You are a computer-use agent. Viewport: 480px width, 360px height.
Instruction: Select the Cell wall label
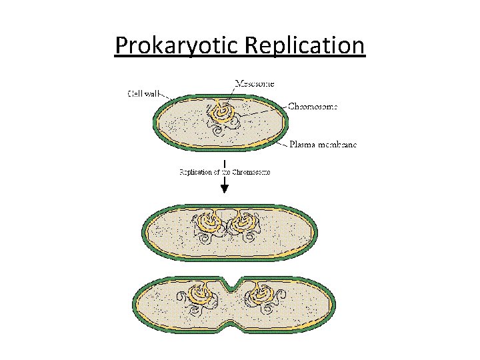pyautogui.click(x=143, y=93)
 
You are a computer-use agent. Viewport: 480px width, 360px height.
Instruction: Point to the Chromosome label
pyautogui.click(x=313, y=106)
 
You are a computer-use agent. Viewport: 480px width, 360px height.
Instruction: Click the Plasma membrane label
pyautogui.click(x=323, y=145)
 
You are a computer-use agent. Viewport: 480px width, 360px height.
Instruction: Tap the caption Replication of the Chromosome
pyautogui.click(x=225, y=172)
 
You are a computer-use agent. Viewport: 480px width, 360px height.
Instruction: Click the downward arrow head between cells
pyautogui.click(x=225, y=189)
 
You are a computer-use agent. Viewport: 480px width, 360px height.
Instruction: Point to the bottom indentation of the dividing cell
pyautogui.click(x=230, y=331)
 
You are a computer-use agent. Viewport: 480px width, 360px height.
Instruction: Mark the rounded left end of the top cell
pyautogui.click(x=158, y=121)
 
